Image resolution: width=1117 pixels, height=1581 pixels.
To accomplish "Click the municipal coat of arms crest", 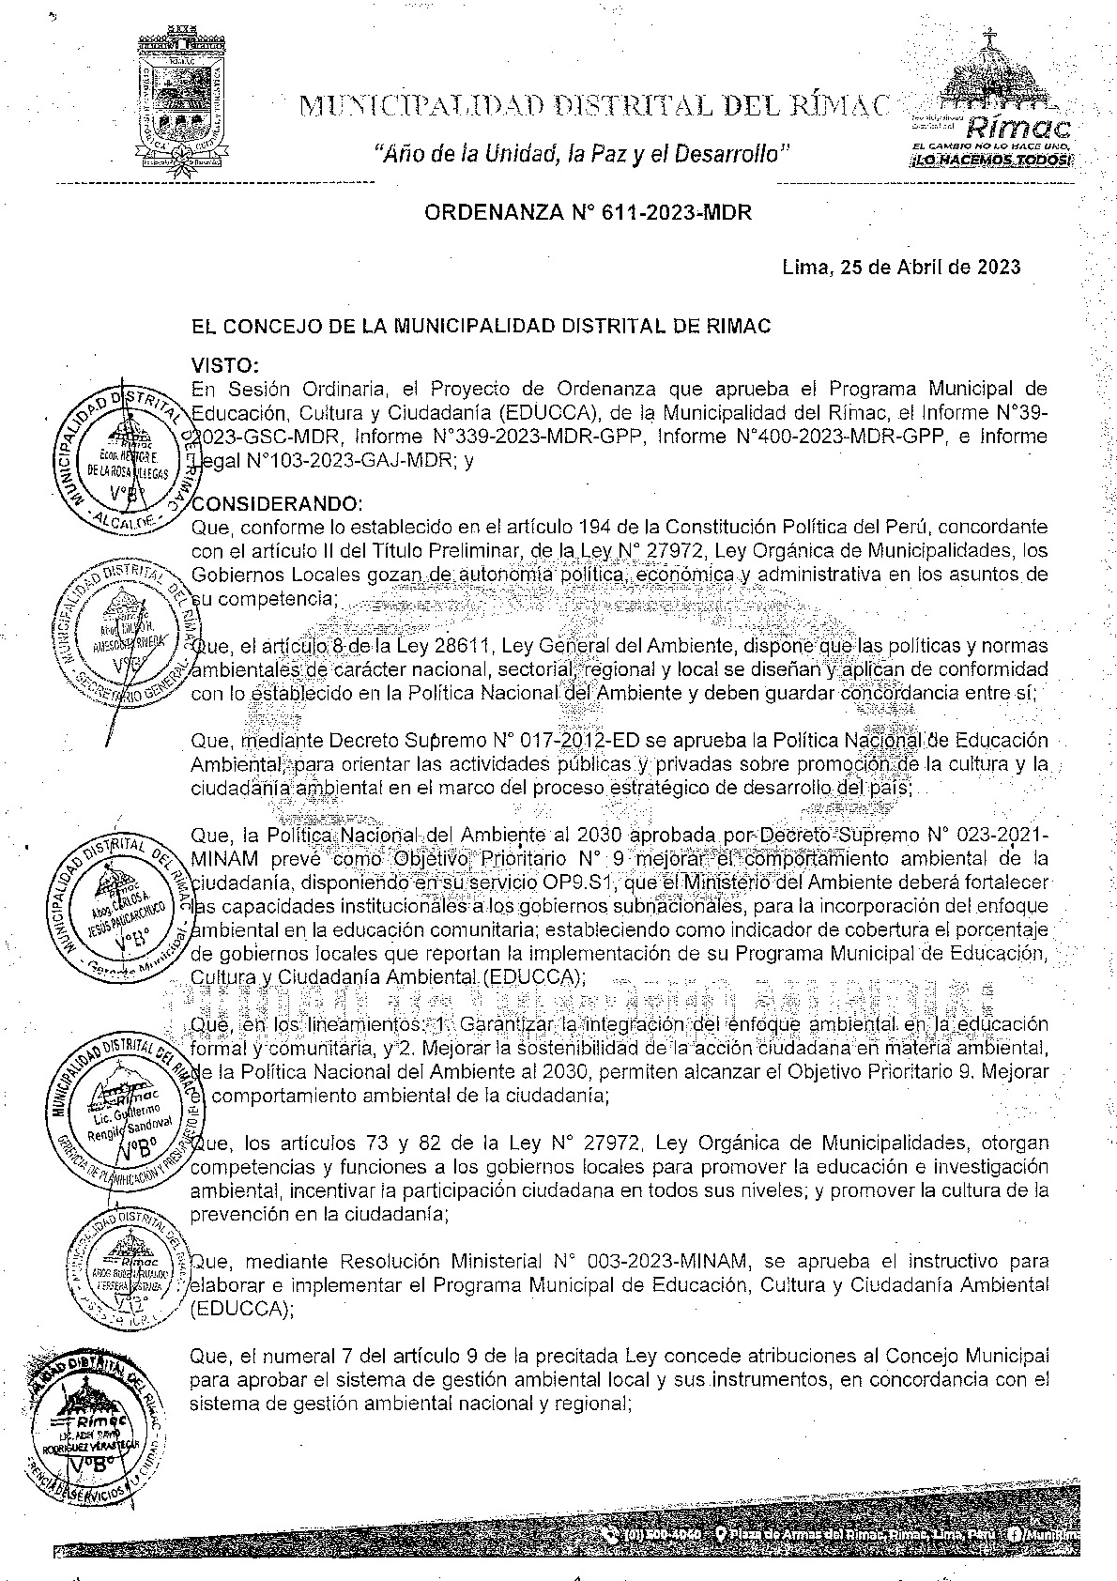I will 182,103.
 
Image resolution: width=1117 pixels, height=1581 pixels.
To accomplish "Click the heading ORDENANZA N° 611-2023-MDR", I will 589,213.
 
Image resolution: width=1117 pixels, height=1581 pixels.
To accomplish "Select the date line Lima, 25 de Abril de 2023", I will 901,268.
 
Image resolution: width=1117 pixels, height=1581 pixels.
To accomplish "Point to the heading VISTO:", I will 225,364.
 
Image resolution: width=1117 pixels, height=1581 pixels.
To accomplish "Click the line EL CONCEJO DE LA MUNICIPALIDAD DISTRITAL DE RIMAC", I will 481,327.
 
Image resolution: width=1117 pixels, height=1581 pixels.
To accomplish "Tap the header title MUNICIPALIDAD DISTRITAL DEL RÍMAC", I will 591,106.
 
